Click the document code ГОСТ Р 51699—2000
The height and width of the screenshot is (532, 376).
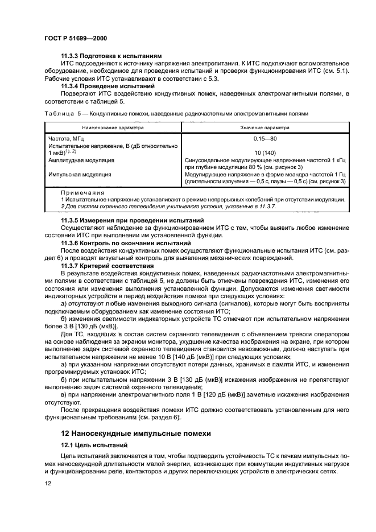click(76, 38)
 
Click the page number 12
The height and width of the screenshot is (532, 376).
click(48, 499)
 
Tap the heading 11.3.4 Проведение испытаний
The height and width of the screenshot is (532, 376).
click(100, 85)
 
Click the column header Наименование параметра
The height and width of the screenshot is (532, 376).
click(113, 128)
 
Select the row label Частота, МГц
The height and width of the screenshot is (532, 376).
click(67, 139)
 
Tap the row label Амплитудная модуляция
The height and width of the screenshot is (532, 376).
click(82, 161)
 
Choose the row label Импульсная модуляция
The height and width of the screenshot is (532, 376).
click(80, 175)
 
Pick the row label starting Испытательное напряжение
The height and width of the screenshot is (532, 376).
click(114, 146)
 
